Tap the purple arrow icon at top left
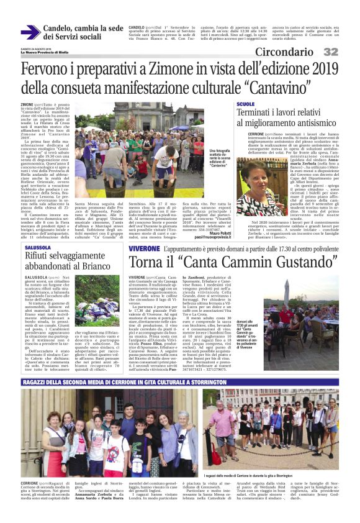tap(29, 32)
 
